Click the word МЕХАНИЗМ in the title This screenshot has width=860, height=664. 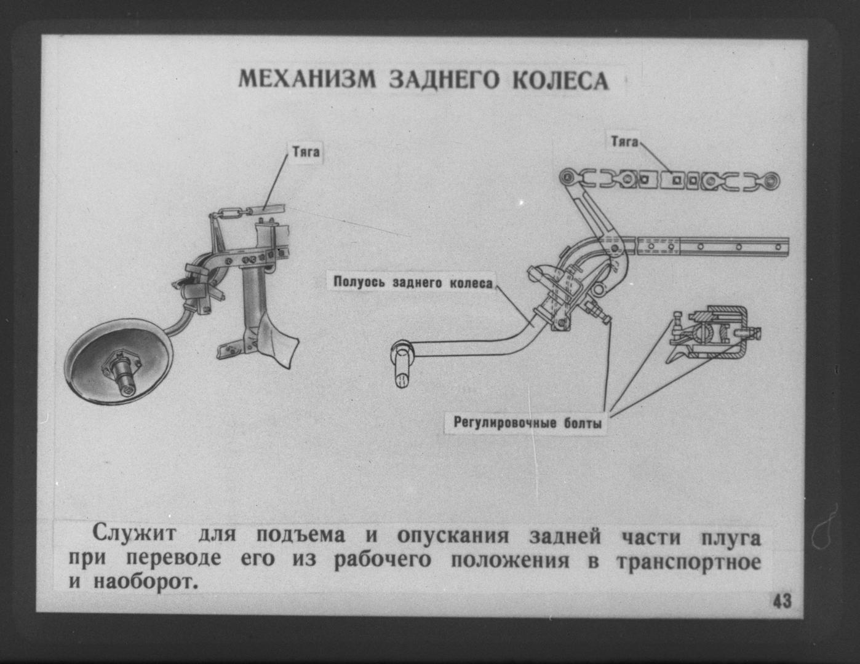click(x=307, y=80)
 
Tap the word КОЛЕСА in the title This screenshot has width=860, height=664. click(x=560, y=81)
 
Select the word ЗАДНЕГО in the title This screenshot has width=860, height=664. click(x=444, y=81)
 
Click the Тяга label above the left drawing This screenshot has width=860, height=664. click(x=306, y=152)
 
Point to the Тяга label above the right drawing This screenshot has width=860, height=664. click(x=624, y=141)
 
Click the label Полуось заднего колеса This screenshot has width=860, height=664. click(x=413, y=283)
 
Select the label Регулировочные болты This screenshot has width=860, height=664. click(x=528, y=423)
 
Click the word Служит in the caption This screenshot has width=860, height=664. click(x=134, y=534)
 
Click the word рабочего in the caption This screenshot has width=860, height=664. click(x=382, y=561)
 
